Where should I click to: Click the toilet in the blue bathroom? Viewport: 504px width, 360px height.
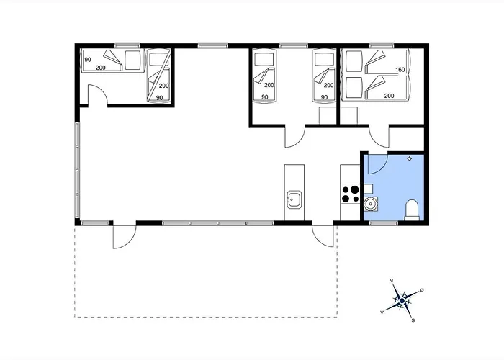(x=412, y=210)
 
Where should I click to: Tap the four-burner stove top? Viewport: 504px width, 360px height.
(x=351, y=194)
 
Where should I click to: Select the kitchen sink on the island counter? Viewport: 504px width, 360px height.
(x=294, y=199)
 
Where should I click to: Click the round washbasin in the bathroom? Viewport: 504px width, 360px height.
(x=371, y=204)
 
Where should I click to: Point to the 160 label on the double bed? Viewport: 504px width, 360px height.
(x=400, y=70)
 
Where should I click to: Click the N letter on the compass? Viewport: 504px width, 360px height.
(x=391, y=281)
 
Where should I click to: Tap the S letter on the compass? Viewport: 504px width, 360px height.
(x=413, y=320)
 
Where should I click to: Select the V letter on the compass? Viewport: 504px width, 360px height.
(x=382, y=312)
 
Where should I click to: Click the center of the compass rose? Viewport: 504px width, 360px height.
(x=402, y=301)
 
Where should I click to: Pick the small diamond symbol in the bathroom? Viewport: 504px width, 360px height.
(x=409, y=158)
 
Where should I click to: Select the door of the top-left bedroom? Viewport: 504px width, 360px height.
(x=97, y=94)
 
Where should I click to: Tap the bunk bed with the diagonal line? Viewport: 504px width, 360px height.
(x=159, y=76)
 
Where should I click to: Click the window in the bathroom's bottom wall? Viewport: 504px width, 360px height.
(x=383, y=223)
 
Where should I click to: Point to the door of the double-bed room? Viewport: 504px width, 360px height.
(x=379, y=138)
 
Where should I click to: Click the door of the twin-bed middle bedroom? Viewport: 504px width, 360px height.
(x=294, y=138)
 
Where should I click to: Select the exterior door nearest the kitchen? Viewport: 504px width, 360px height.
(x=323, y=236)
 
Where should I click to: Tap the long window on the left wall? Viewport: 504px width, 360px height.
(x=77, y=171)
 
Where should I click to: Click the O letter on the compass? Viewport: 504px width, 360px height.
(x=422, y=290)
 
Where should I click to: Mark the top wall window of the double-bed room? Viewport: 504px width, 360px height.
(x=382, y=46)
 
